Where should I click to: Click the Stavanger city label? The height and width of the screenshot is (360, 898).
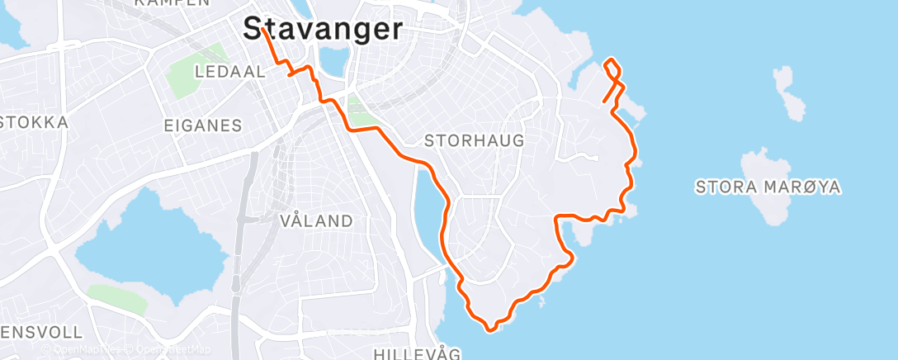point(324,30)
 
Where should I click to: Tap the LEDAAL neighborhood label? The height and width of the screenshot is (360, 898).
point(229,72)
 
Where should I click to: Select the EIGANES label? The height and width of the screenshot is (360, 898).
point(203,126)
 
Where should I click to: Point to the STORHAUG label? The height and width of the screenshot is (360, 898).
point(474,140)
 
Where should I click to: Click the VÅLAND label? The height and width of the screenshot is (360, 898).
point(317,220)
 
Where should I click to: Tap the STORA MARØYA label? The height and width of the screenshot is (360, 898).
point(768,187)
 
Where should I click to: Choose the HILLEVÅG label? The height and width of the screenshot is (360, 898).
point(416,353)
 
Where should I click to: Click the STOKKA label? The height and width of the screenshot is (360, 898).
point(33,122)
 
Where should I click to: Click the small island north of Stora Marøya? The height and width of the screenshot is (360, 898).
point(789,92)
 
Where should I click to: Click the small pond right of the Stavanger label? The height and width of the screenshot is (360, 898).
point(334,60)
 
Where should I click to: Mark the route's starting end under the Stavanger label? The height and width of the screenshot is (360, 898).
point(262,28)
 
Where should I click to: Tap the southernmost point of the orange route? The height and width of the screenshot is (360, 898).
point(490,329)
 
